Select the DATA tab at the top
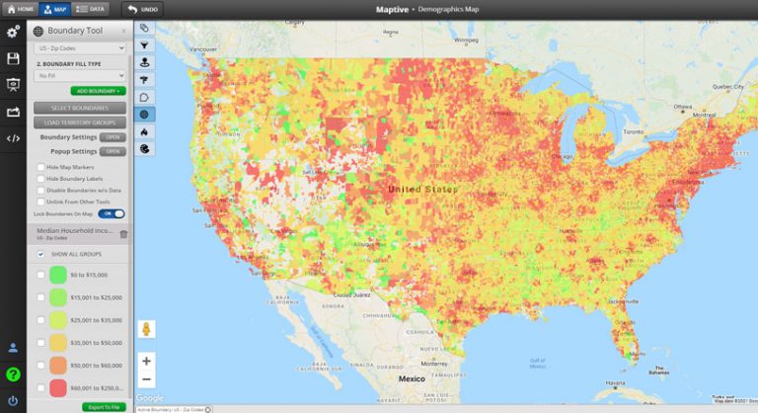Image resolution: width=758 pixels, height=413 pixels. [92, 8]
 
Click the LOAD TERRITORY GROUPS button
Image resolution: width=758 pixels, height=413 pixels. [79, 122]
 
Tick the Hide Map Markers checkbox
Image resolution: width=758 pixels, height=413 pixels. [40, 167]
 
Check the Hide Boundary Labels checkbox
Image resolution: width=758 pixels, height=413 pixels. [40, 178]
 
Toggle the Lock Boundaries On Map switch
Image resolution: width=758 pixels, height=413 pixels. [113, 213]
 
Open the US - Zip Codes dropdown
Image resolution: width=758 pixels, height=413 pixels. [79, 46]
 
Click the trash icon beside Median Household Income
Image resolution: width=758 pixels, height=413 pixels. [123, 234]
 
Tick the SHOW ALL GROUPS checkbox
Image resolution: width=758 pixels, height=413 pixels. [40, 254]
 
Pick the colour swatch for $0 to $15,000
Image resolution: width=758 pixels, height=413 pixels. [58, 274]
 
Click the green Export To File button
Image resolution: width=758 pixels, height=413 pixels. [103, 406]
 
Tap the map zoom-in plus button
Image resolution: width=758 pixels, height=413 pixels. [146, 361]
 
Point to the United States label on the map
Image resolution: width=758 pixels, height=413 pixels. [422, 189]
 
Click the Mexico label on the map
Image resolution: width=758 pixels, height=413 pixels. [412, 378]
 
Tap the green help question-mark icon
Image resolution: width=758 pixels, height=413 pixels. [13, 374]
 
